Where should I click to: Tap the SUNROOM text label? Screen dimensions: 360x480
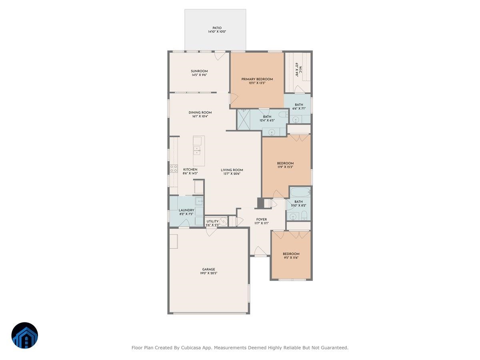199,71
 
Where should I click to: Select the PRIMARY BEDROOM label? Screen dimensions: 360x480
257,79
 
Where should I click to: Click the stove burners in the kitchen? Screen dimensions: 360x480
174,169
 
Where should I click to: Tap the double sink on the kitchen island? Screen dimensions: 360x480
197,150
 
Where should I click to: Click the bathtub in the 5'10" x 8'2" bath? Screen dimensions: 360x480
300,192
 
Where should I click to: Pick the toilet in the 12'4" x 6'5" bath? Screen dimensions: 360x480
283,115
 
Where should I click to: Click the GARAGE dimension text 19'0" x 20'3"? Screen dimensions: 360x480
208,273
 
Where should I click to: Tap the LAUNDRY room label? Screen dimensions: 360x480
186,210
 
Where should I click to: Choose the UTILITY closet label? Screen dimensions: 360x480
212,221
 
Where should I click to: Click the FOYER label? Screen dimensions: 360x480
262,219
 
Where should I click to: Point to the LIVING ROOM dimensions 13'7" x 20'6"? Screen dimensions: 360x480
232,174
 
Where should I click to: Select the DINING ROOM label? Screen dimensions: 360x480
200,112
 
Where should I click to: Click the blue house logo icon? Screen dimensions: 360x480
24,336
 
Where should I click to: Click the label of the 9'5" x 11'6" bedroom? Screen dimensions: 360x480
291,254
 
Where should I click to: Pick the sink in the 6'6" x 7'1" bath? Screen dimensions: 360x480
296,119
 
